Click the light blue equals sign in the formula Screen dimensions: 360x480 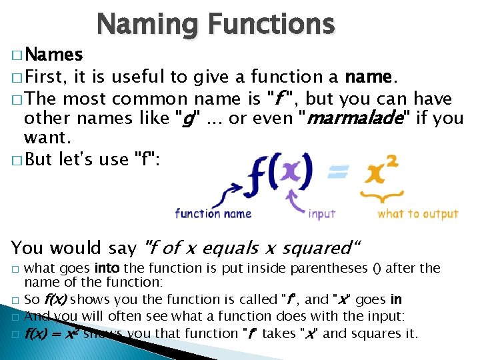click(x=337, y=173)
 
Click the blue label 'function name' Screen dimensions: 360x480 click(x=213, y=213)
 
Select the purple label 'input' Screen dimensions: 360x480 click(x=322, y=214)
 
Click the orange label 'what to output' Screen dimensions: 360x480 click(x=418, y=214)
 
